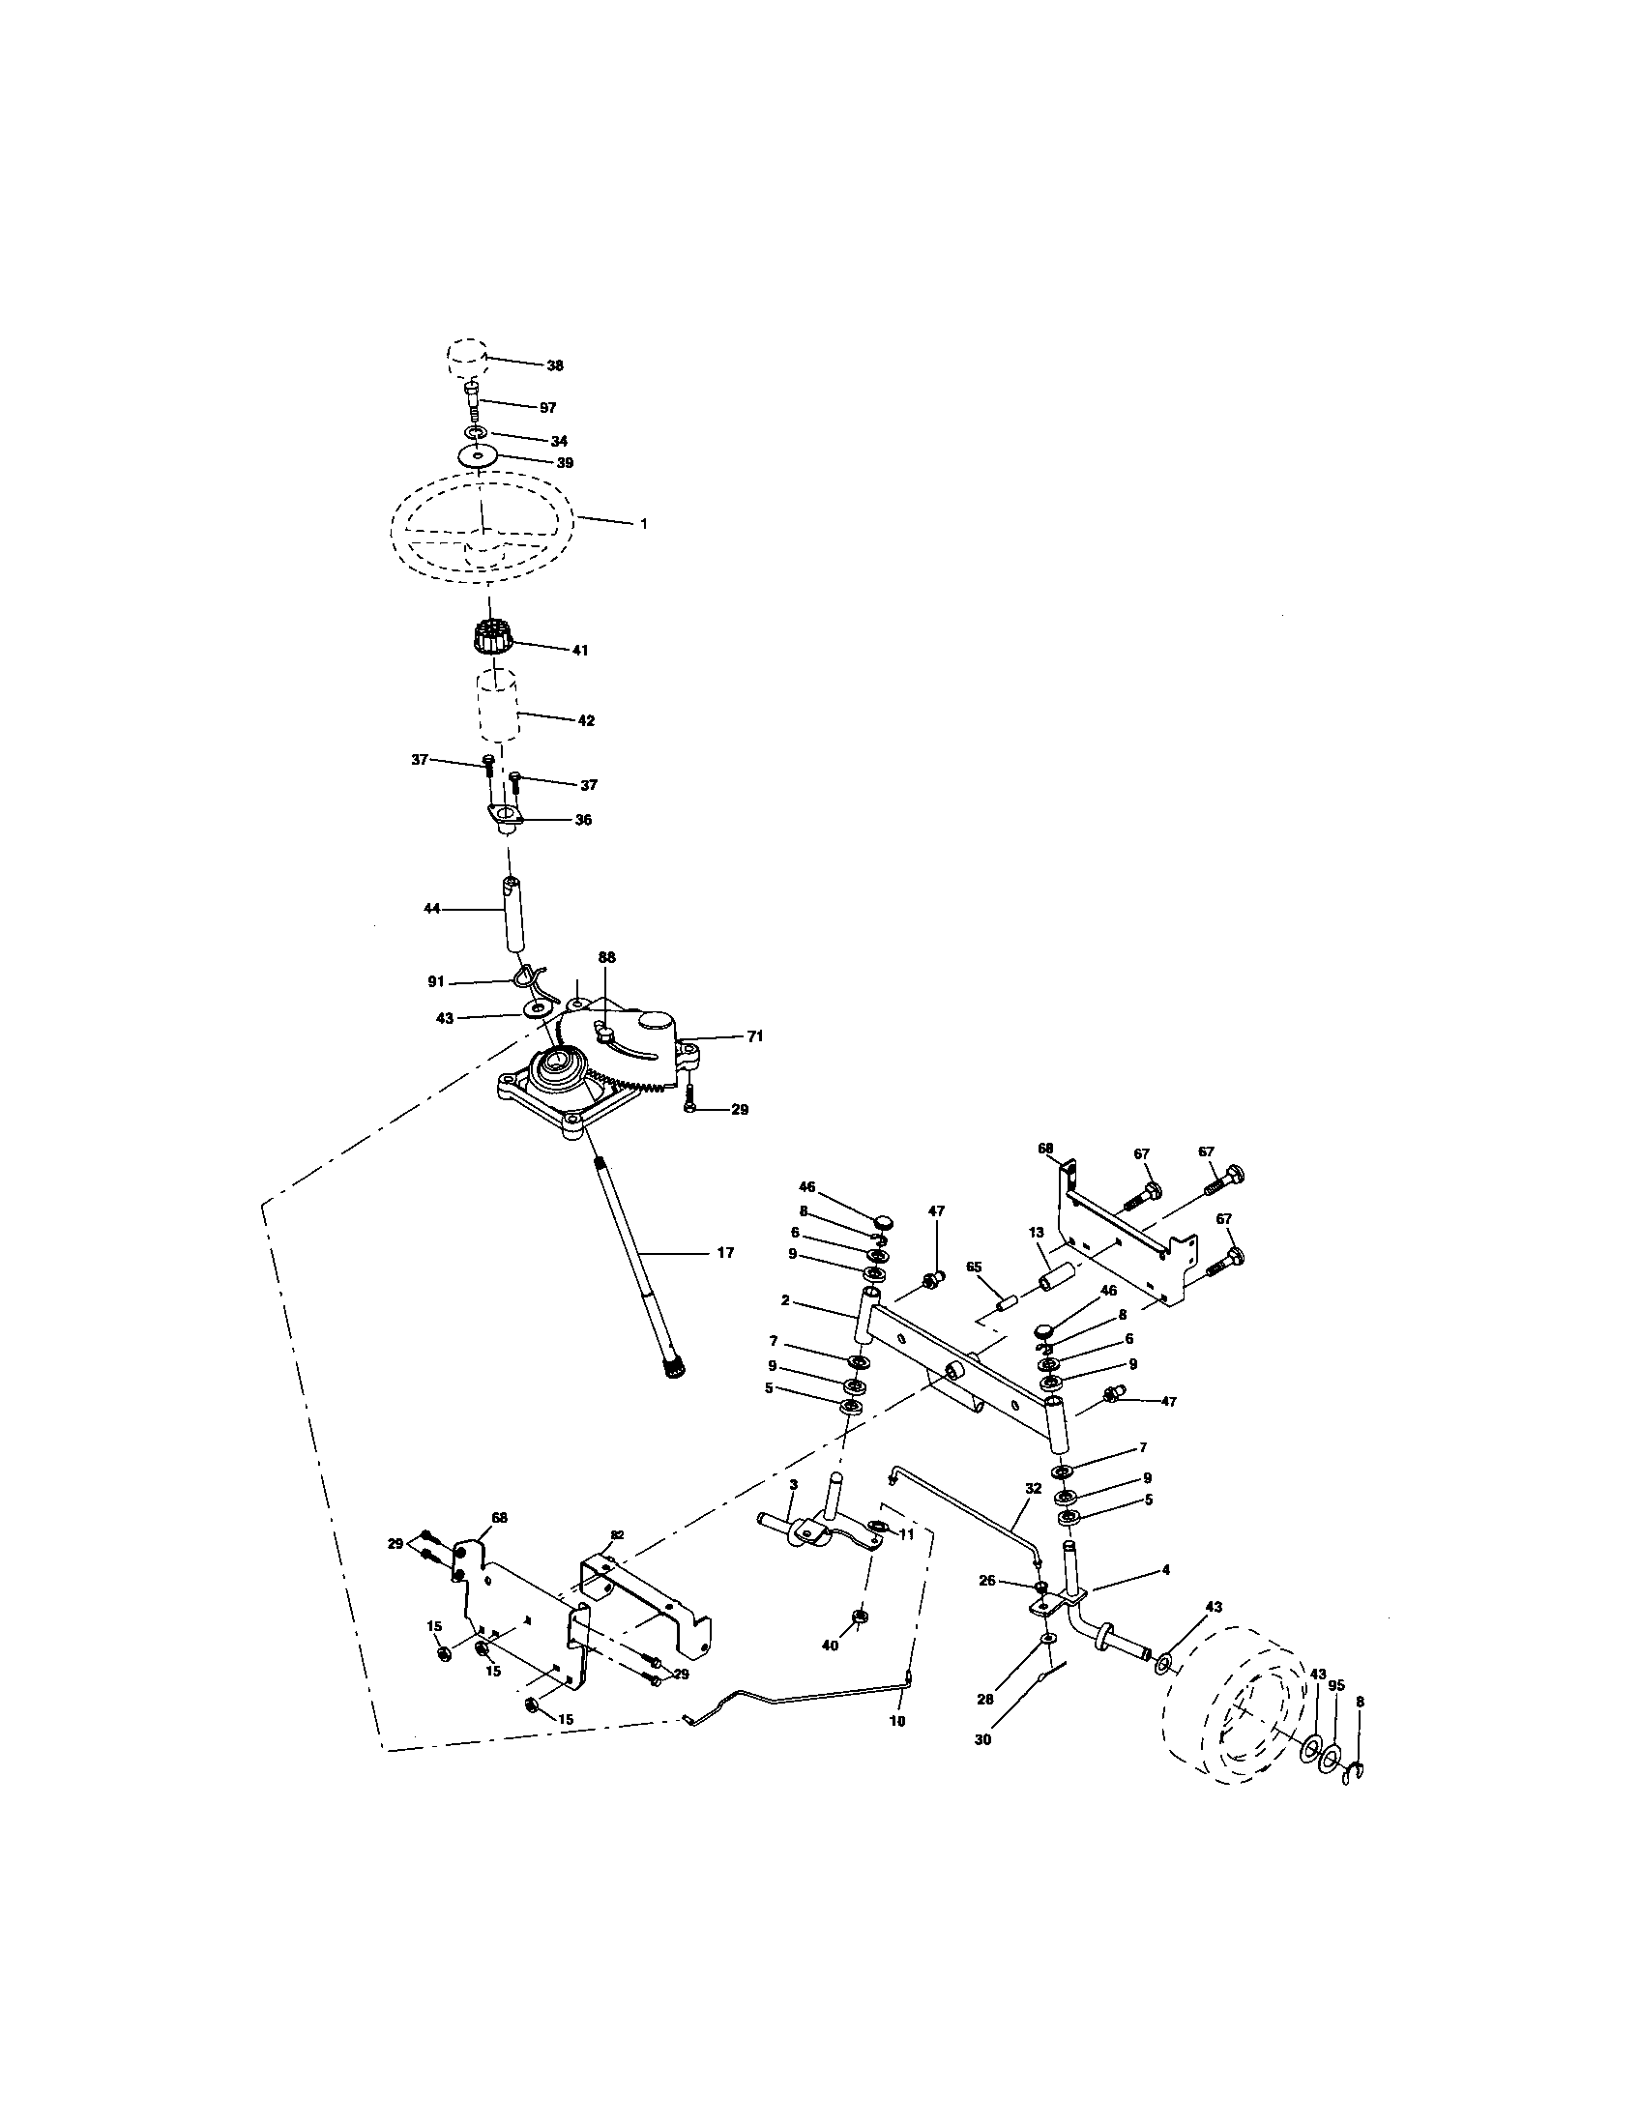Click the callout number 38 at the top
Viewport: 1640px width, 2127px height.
point(554,366)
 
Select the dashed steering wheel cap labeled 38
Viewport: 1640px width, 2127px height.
point(466,358)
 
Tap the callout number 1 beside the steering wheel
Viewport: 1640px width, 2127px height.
point(643,524)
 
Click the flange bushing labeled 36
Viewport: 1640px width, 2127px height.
point(505,816)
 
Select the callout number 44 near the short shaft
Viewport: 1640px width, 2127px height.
point(432,908)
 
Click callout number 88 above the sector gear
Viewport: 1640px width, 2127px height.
point(606,958)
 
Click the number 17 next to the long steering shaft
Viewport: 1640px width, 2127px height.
point(724,1253)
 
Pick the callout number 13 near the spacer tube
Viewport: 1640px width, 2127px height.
point(1037,1232)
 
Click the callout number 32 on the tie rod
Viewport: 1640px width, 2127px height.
point(1034,1489)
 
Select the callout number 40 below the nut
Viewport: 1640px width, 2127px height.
point(830,1646)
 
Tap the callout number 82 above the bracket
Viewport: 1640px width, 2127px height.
point(616,1536)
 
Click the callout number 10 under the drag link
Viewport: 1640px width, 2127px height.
point(898,1722)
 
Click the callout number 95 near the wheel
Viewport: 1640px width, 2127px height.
point(1336,1686)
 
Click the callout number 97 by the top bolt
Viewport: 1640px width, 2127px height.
point(547,408)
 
